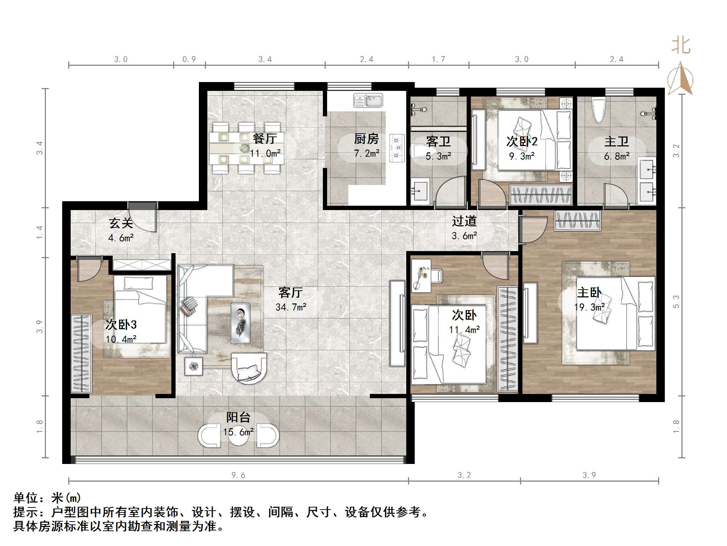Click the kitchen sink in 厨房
pyautogui.click(x=368, y=100)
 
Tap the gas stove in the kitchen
pyautogui.click(x=397, y=148)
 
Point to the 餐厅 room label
pyautogui.click(x=265, y=138)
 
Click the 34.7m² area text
pyautogui.click(x=291, y=307)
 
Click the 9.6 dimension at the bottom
pyautogui.click(x=238, y=475)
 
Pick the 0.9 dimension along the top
pyautogui.click(x=189, y=59)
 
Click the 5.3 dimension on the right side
pyautogui.click(x=676, y=301)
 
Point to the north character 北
pyautogui.click(x=681, y=46)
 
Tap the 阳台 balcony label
pyautogui.click(x=238, y=417)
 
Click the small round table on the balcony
pyautogui.click(x=238, y=436)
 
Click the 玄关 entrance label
pyautogui.click(x=121, y=223)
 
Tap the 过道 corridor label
pyautogui.click(x=464, y=221)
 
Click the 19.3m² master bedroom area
pyautogui.click(x=589, y=307)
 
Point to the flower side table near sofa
pyautogui.click(x=194, y=366)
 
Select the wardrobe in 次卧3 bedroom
pyautogui.click(x=81, y=353)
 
